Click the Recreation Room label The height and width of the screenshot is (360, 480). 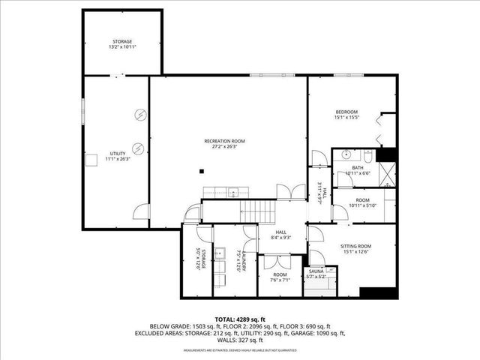[225, 141]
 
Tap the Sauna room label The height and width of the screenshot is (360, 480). [315, 275]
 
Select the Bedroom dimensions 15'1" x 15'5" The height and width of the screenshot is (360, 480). [347, 118]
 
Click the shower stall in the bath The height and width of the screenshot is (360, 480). [385, 174]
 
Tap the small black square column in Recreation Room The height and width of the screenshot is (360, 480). [202, 171]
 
